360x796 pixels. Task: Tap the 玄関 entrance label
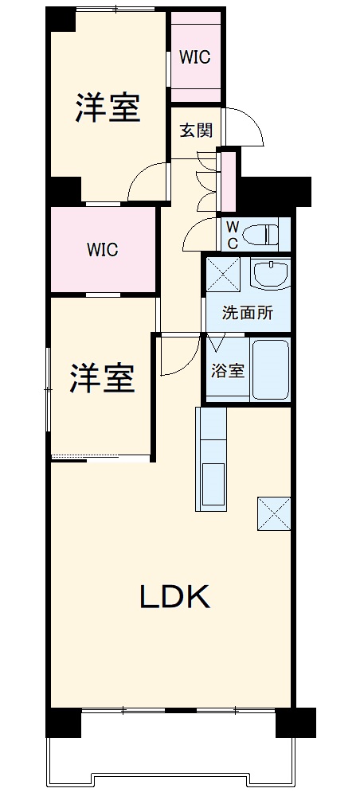196,131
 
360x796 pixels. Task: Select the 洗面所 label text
247,313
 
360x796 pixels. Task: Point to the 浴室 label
227,370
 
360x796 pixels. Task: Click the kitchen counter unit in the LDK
211,459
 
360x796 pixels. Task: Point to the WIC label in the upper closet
194,57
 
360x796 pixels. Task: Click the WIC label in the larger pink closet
102,250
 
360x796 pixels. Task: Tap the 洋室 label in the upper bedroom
108,108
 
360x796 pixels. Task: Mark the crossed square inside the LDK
273,513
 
